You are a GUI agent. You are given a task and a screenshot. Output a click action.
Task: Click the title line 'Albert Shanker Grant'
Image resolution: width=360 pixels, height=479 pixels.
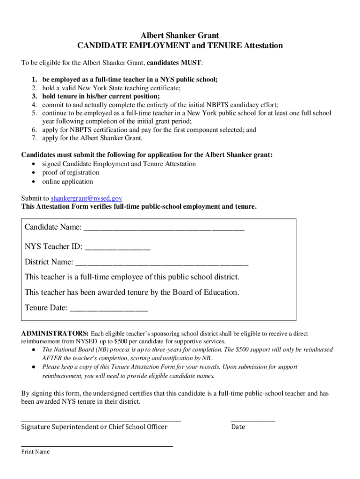pos(180,36)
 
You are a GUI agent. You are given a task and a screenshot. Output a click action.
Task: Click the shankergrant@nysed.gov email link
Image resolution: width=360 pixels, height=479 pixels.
pos(86,198)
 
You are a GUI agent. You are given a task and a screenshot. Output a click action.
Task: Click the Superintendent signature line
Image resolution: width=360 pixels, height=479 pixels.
pos(101,421)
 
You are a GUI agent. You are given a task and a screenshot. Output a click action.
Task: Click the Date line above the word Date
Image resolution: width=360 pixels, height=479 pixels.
pos(253,421)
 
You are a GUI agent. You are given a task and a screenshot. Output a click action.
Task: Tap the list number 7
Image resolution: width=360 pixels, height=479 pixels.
pos(34,138)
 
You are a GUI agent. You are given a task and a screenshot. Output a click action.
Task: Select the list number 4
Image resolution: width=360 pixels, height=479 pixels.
pos(34,105)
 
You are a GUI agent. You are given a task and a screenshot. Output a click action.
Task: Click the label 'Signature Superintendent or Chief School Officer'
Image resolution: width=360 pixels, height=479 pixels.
pos(94,427)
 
